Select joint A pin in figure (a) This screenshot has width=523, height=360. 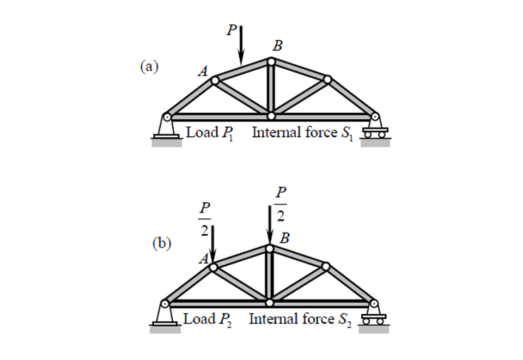215,81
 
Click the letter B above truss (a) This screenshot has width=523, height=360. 277,47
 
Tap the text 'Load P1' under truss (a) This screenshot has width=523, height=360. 208,133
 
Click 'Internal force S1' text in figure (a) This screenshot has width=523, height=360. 302,133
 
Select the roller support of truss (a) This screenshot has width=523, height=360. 376,129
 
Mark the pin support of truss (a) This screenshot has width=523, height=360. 166,129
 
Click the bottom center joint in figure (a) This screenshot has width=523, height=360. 271,116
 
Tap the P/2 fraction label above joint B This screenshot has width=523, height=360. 281,204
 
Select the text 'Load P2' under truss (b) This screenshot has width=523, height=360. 205,319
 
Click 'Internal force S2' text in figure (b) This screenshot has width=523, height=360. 301,319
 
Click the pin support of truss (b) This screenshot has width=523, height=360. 165,315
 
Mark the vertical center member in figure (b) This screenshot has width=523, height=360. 270,275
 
